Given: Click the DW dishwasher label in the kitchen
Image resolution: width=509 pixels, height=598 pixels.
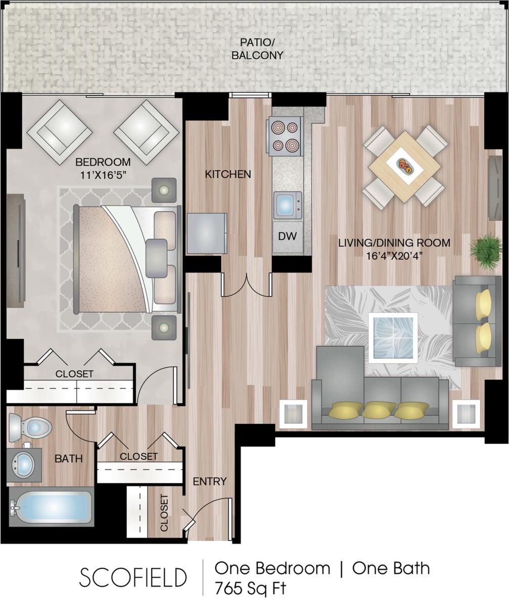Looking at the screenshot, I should [287, 236].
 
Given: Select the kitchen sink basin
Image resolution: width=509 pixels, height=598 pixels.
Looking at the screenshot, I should [286, 205].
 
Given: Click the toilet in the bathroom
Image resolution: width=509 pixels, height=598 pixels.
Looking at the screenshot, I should [30, 427].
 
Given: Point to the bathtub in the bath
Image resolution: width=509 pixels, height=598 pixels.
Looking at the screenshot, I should [51, 507].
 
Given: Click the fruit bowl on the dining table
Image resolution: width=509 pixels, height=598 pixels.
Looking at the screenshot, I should [404, 166].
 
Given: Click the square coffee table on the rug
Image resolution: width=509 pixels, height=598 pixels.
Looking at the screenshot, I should [393, 337].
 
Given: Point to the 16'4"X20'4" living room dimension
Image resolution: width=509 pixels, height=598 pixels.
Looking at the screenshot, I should [394, 256].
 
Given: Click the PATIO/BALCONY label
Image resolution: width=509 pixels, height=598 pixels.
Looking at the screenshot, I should [257, 49].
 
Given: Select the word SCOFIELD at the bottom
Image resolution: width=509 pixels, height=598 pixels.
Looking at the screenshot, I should [133, 577].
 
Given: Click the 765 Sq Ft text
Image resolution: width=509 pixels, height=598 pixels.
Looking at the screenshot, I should [251, 588].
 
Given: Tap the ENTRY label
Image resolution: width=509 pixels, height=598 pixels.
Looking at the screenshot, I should [210, 481].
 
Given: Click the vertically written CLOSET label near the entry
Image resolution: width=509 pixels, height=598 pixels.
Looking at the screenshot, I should [164, 513].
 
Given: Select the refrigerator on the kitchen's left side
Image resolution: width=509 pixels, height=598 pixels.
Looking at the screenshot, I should [207, 233].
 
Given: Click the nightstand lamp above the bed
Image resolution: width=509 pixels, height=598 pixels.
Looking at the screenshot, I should [164, 190].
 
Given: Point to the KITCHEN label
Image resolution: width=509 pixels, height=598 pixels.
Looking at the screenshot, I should [228, 174].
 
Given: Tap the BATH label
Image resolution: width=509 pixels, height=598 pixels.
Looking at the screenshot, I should [68, 459].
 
